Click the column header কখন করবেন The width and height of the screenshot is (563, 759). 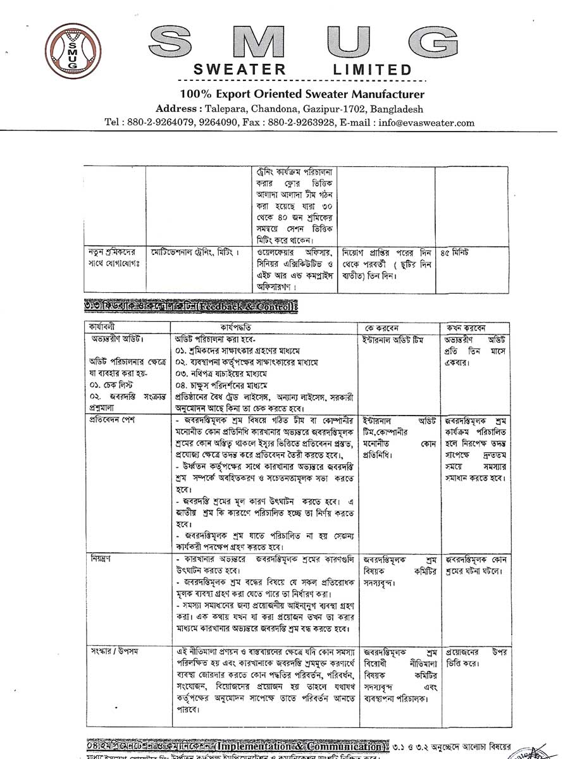point(468,328)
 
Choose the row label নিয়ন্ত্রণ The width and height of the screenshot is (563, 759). point(101,559)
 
